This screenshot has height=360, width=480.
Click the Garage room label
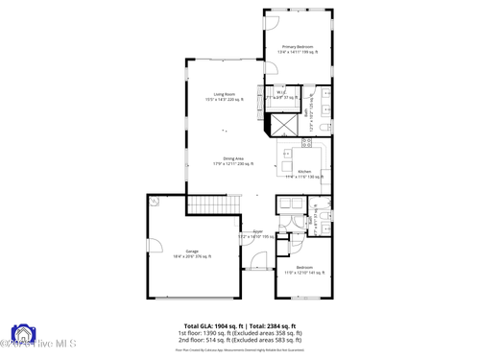(x=185, y=253)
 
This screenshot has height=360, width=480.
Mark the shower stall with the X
(x=286, y=126)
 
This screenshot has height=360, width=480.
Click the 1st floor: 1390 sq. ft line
(x=240, y=333)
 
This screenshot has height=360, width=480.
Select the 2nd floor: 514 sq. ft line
(x=240, y=340)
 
